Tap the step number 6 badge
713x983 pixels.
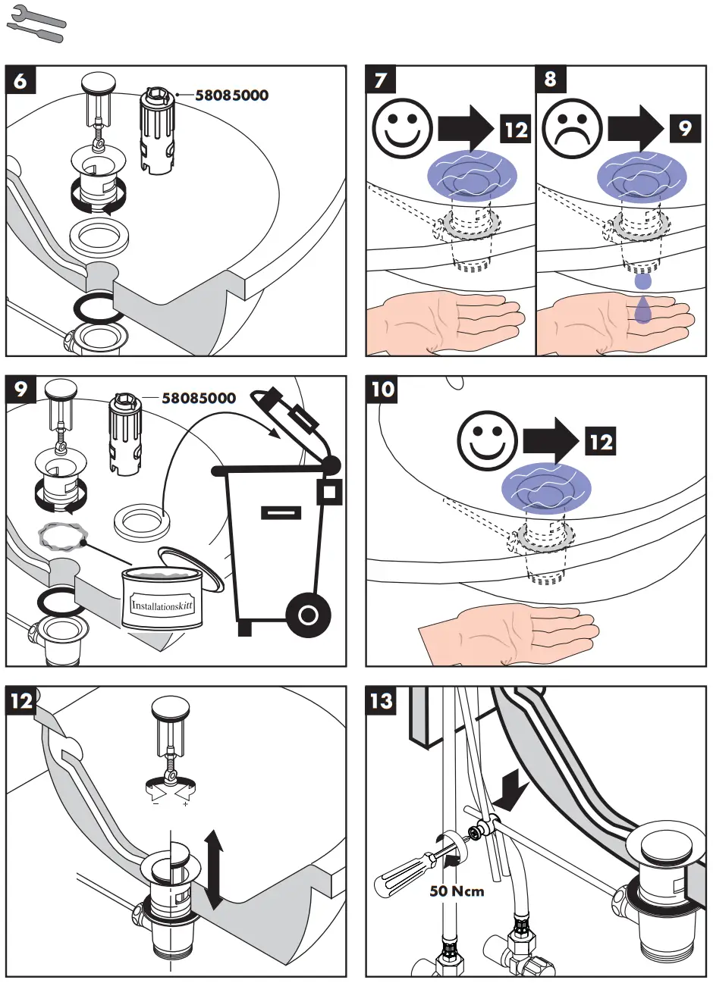tap(20, 80)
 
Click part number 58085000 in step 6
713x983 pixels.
tap(231, 95)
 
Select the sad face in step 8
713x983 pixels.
tap(572, 129)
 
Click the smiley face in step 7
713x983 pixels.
tap(402, 129)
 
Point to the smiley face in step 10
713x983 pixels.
tap(487, 440)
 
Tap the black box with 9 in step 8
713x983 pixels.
tap(685, 128)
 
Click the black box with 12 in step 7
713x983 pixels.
tap(515, 129)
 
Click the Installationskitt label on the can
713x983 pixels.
tap(162, 606)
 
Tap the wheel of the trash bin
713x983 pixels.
tap(308, 615)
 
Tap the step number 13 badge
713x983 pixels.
tap(382, 701)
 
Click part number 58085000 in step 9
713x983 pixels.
tap(199, 398)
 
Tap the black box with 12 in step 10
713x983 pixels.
tap(601, 441)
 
